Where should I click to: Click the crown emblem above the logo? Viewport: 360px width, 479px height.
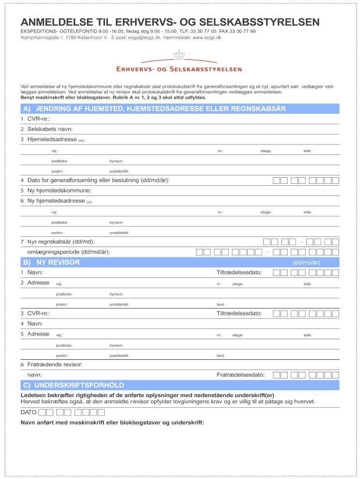(180, 55)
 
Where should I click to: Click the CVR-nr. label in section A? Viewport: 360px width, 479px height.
(38, 119)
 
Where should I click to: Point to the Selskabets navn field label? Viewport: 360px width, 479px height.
(50, 129)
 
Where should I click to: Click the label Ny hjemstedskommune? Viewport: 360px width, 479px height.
(59, 190)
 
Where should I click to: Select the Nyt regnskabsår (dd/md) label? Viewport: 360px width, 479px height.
(61, 242)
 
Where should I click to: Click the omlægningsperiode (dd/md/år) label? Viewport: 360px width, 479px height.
(69, 252)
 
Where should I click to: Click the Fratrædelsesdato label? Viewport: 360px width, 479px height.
(240, 375)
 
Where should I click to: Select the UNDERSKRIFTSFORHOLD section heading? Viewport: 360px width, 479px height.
(79, 385)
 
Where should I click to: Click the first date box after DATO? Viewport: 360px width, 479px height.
(43, 412)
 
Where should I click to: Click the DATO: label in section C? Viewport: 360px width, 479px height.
(29, 412)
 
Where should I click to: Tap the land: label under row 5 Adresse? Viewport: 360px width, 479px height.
(221, 356)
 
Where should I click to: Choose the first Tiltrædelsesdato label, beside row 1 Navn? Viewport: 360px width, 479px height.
(239, 273)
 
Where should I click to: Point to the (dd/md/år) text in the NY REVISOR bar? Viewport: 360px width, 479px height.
(306, 263)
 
